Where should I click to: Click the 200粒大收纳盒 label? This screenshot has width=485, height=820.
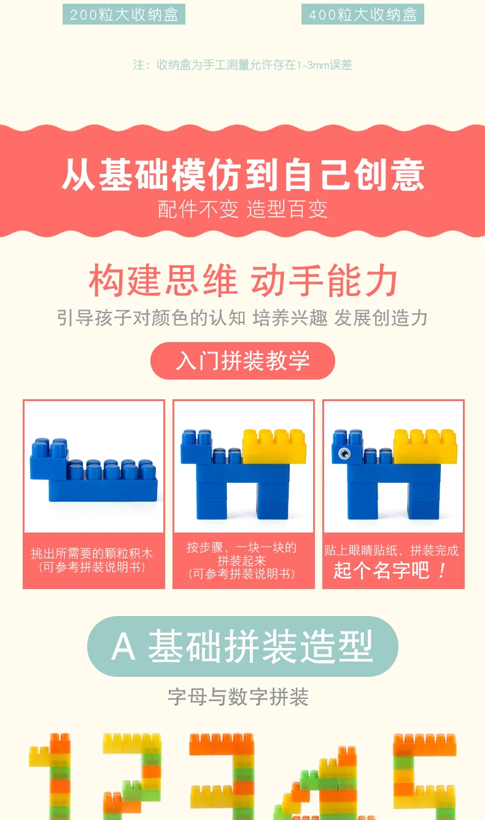pos(124,14)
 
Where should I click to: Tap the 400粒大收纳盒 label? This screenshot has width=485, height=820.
pos(363,14)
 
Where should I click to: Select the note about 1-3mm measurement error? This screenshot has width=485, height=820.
pos(243,65)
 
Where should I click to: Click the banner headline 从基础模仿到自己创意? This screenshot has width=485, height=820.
pos(243,174)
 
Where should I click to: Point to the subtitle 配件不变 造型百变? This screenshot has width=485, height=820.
pos(243,209)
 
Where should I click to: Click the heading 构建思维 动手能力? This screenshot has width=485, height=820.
pos(243,281)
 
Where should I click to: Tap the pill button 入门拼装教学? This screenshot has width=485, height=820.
pos(243,361)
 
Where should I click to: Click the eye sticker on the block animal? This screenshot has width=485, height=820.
pos(344,453)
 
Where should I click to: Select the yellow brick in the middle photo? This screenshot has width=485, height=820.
pos(274,447)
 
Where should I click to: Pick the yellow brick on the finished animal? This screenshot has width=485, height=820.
pos(425,447)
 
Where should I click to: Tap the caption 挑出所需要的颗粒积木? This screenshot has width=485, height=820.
pos(92,553)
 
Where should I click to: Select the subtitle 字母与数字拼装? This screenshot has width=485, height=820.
pos(238,697)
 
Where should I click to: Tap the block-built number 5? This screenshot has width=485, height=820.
pos(425,776)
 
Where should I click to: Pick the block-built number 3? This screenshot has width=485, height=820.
pos(222,776)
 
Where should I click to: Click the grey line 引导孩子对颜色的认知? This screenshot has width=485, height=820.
pos(152,318)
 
